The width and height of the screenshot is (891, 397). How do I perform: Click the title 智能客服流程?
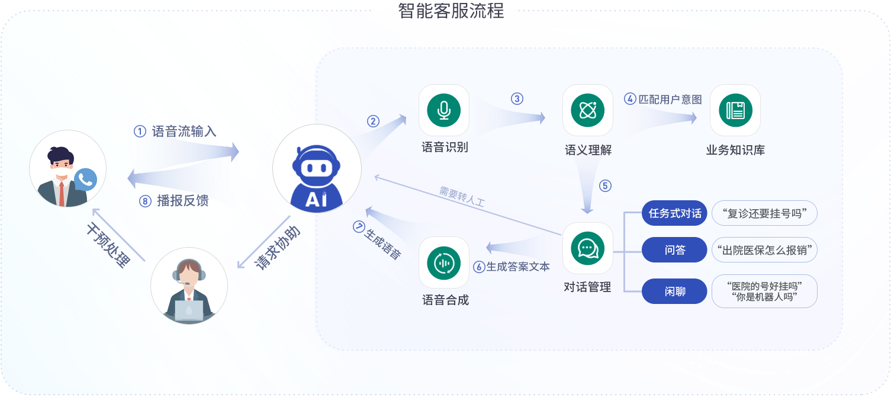click(x=451, y=10)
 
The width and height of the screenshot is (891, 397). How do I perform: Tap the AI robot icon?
click(x=317, y=168)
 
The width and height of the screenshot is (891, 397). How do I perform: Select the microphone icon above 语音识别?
click(x=443, y=110)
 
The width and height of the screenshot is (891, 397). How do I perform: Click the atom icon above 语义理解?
click(x=587, y=110)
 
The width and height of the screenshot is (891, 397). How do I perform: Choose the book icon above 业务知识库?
click(x=735, y=110)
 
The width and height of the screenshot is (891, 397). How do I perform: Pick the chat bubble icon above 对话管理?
click(x=587, y=248)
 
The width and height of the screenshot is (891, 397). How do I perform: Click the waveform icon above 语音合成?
click(x=443, y=262)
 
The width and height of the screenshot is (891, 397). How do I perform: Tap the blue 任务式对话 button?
click(x=674, y=213)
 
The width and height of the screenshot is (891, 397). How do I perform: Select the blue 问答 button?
click(x=674, y=250)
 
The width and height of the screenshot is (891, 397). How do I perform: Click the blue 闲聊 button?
click(x=674, y=292)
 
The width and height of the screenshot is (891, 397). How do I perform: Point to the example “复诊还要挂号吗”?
click(x=764, y=213)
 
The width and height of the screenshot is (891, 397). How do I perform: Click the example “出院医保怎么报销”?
click(x=764, y=250)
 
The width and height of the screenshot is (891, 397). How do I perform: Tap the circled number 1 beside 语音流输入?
click(x=140, y=132)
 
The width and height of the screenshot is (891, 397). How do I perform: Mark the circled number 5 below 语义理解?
click(x=604, y=185)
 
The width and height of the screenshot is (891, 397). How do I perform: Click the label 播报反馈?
click(x=183, y=201)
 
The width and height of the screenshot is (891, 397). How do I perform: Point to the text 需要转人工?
click(x=462, y=196)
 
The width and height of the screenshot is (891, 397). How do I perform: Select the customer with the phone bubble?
click(x=68, y=168)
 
